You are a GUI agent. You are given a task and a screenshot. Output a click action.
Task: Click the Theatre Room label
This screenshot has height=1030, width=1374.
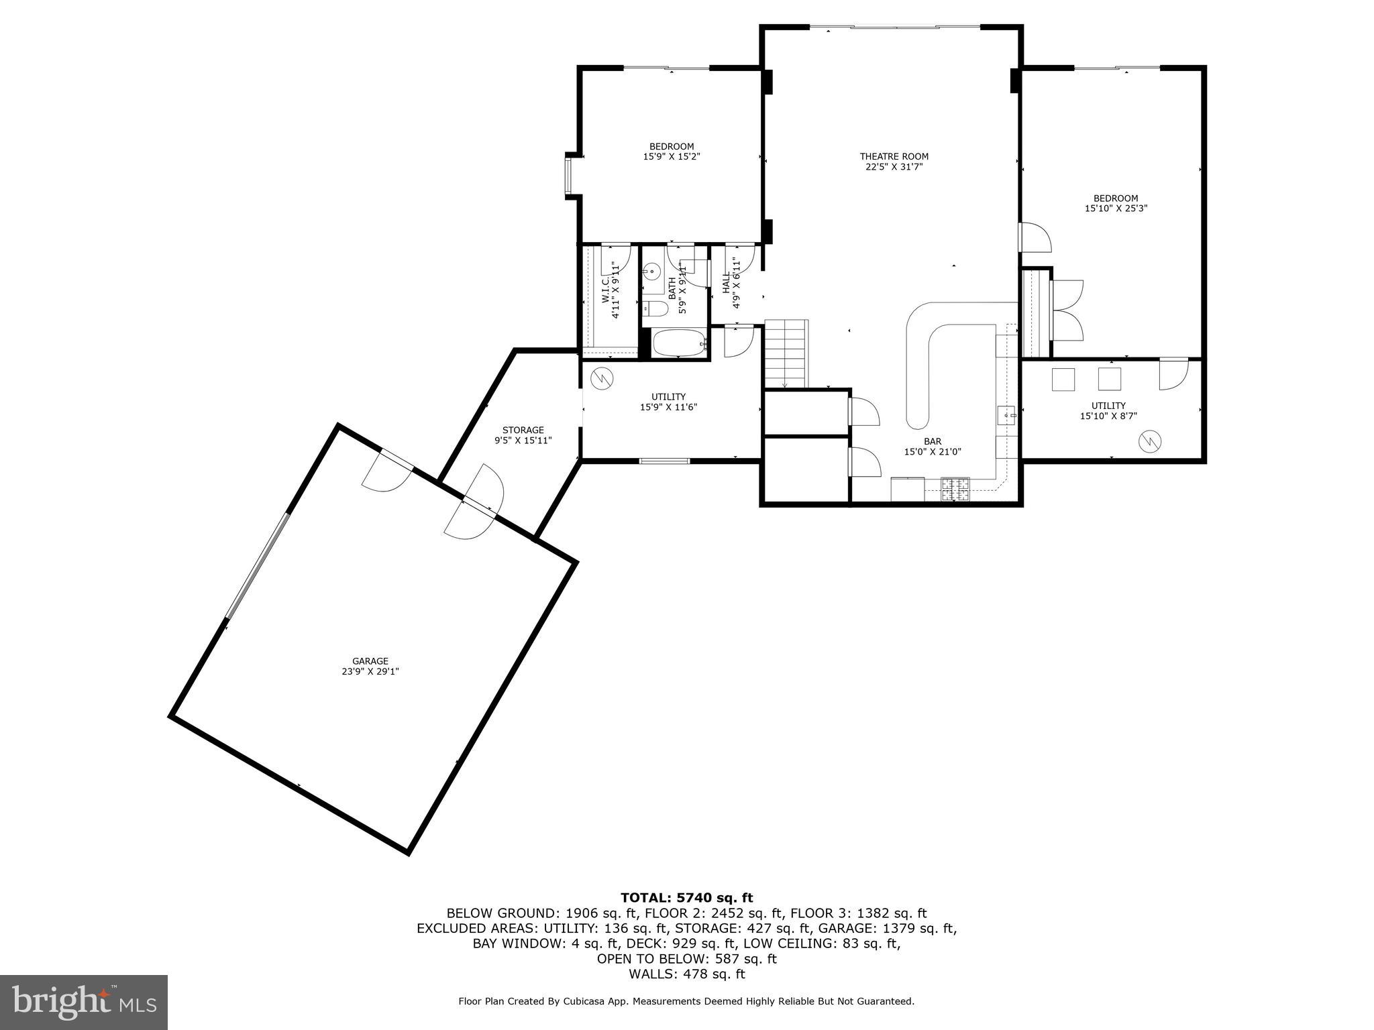click(894, 157)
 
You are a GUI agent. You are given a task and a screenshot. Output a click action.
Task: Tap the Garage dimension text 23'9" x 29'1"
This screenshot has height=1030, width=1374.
click(370, 671)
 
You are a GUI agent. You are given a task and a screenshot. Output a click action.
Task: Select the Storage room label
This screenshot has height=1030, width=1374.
click(523, 430)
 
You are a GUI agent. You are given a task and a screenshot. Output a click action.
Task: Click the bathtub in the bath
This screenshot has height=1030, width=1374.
click(679, 343)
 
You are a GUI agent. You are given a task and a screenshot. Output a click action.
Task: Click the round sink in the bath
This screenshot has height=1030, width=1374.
click(651, 272)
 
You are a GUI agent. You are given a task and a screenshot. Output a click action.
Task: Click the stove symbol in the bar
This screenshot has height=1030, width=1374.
click(955, 489)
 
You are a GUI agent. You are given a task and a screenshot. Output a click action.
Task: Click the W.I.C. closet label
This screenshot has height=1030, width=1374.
click(605, 288)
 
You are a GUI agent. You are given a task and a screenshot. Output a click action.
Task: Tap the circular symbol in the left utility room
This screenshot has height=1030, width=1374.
click(602, 378)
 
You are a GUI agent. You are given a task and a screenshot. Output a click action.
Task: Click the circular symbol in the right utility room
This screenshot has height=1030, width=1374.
click(1149, 441)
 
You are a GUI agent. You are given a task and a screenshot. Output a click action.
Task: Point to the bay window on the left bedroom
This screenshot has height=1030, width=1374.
click(569, 177)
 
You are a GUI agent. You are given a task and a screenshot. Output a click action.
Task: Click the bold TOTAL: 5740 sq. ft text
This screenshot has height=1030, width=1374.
click(686, 898)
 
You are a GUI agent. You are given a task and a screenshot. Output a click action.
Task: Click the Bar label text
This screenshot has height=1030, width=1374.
click(932, 441)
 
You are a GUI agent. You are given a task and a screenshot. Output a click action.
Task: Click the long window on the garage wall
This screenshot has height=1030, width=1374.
click(258, 565)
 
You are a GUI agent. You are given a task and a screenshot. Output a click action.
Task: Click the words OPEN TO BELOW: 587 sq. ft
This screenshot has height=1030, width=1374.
click(686, 959)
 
